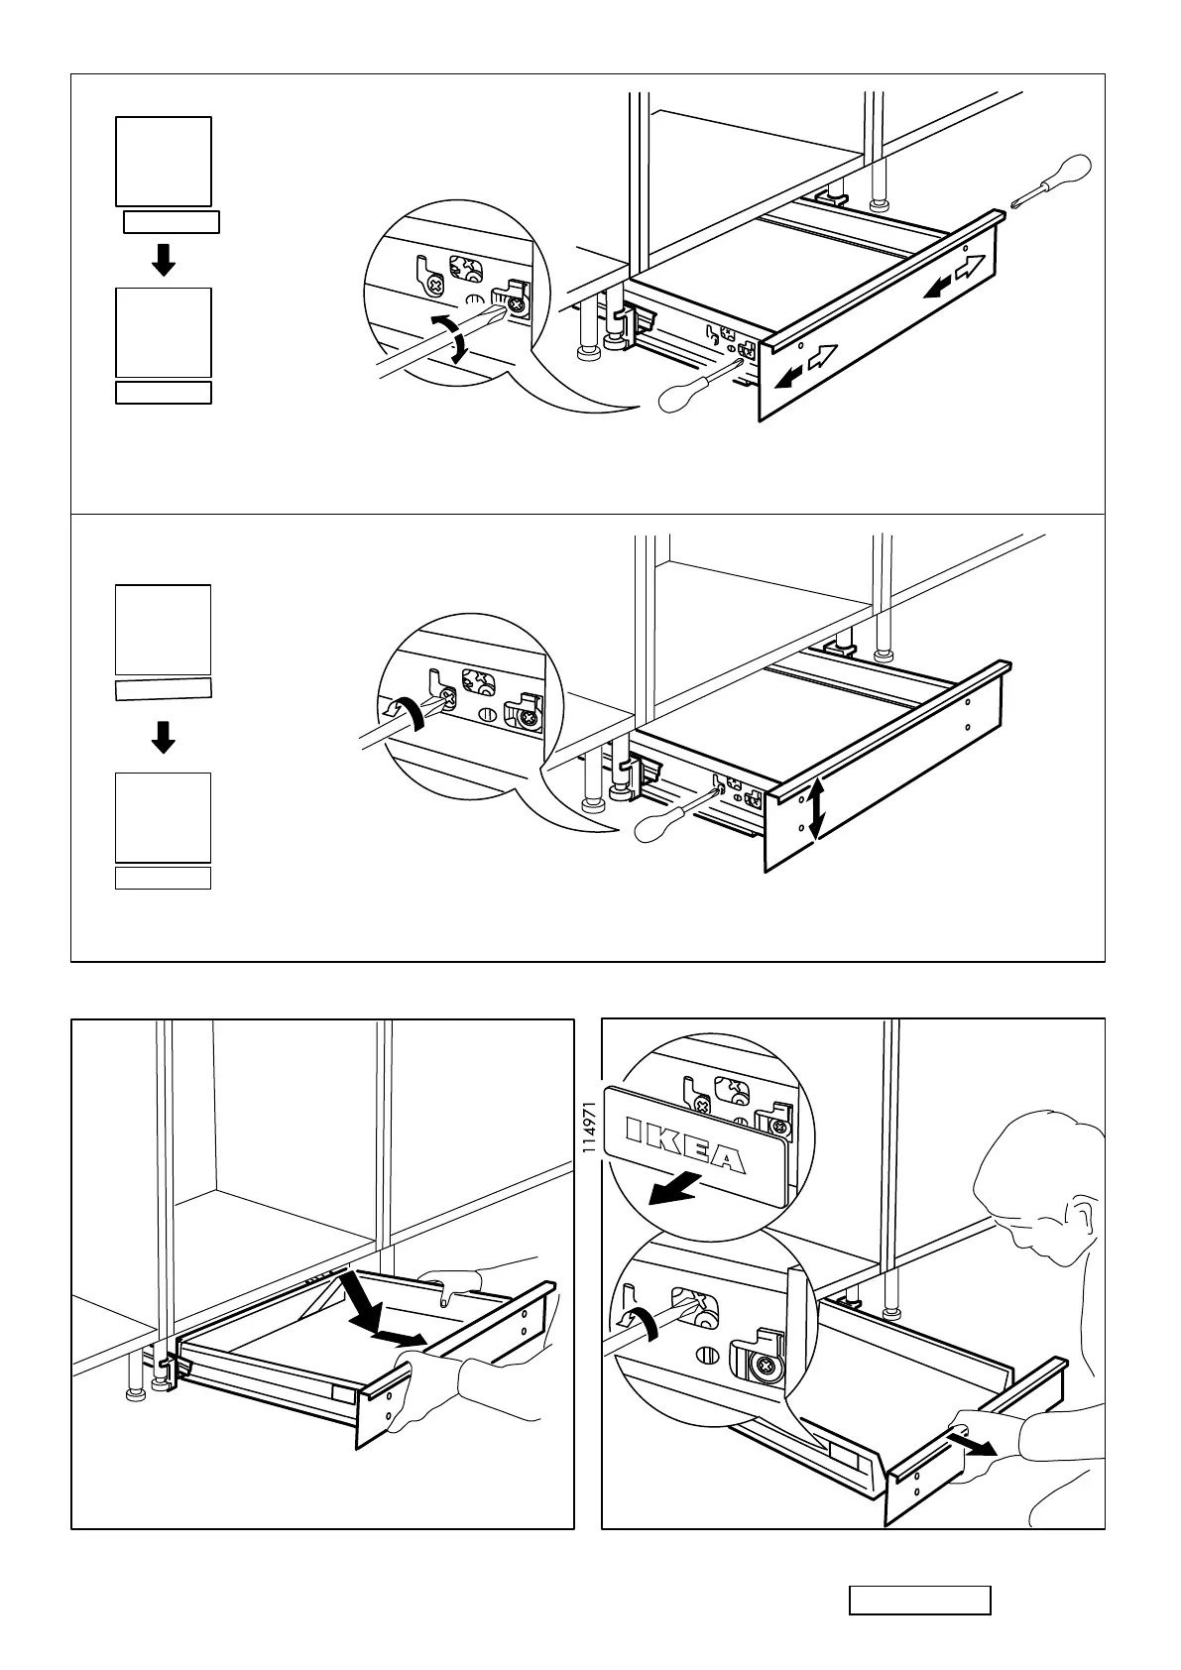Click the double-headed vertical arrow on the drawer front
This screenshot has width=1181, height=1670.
815,809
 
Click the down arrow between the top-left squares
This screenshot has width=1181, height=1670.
164,260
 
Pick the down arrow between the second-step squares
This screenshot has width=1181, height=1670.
164,737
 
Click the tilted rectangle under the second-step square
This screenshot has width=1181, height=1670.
164,690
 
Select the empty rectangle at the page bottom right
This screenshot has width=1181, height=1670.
919,1600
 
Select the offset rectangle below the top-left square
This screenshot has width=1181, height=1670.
171,221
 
